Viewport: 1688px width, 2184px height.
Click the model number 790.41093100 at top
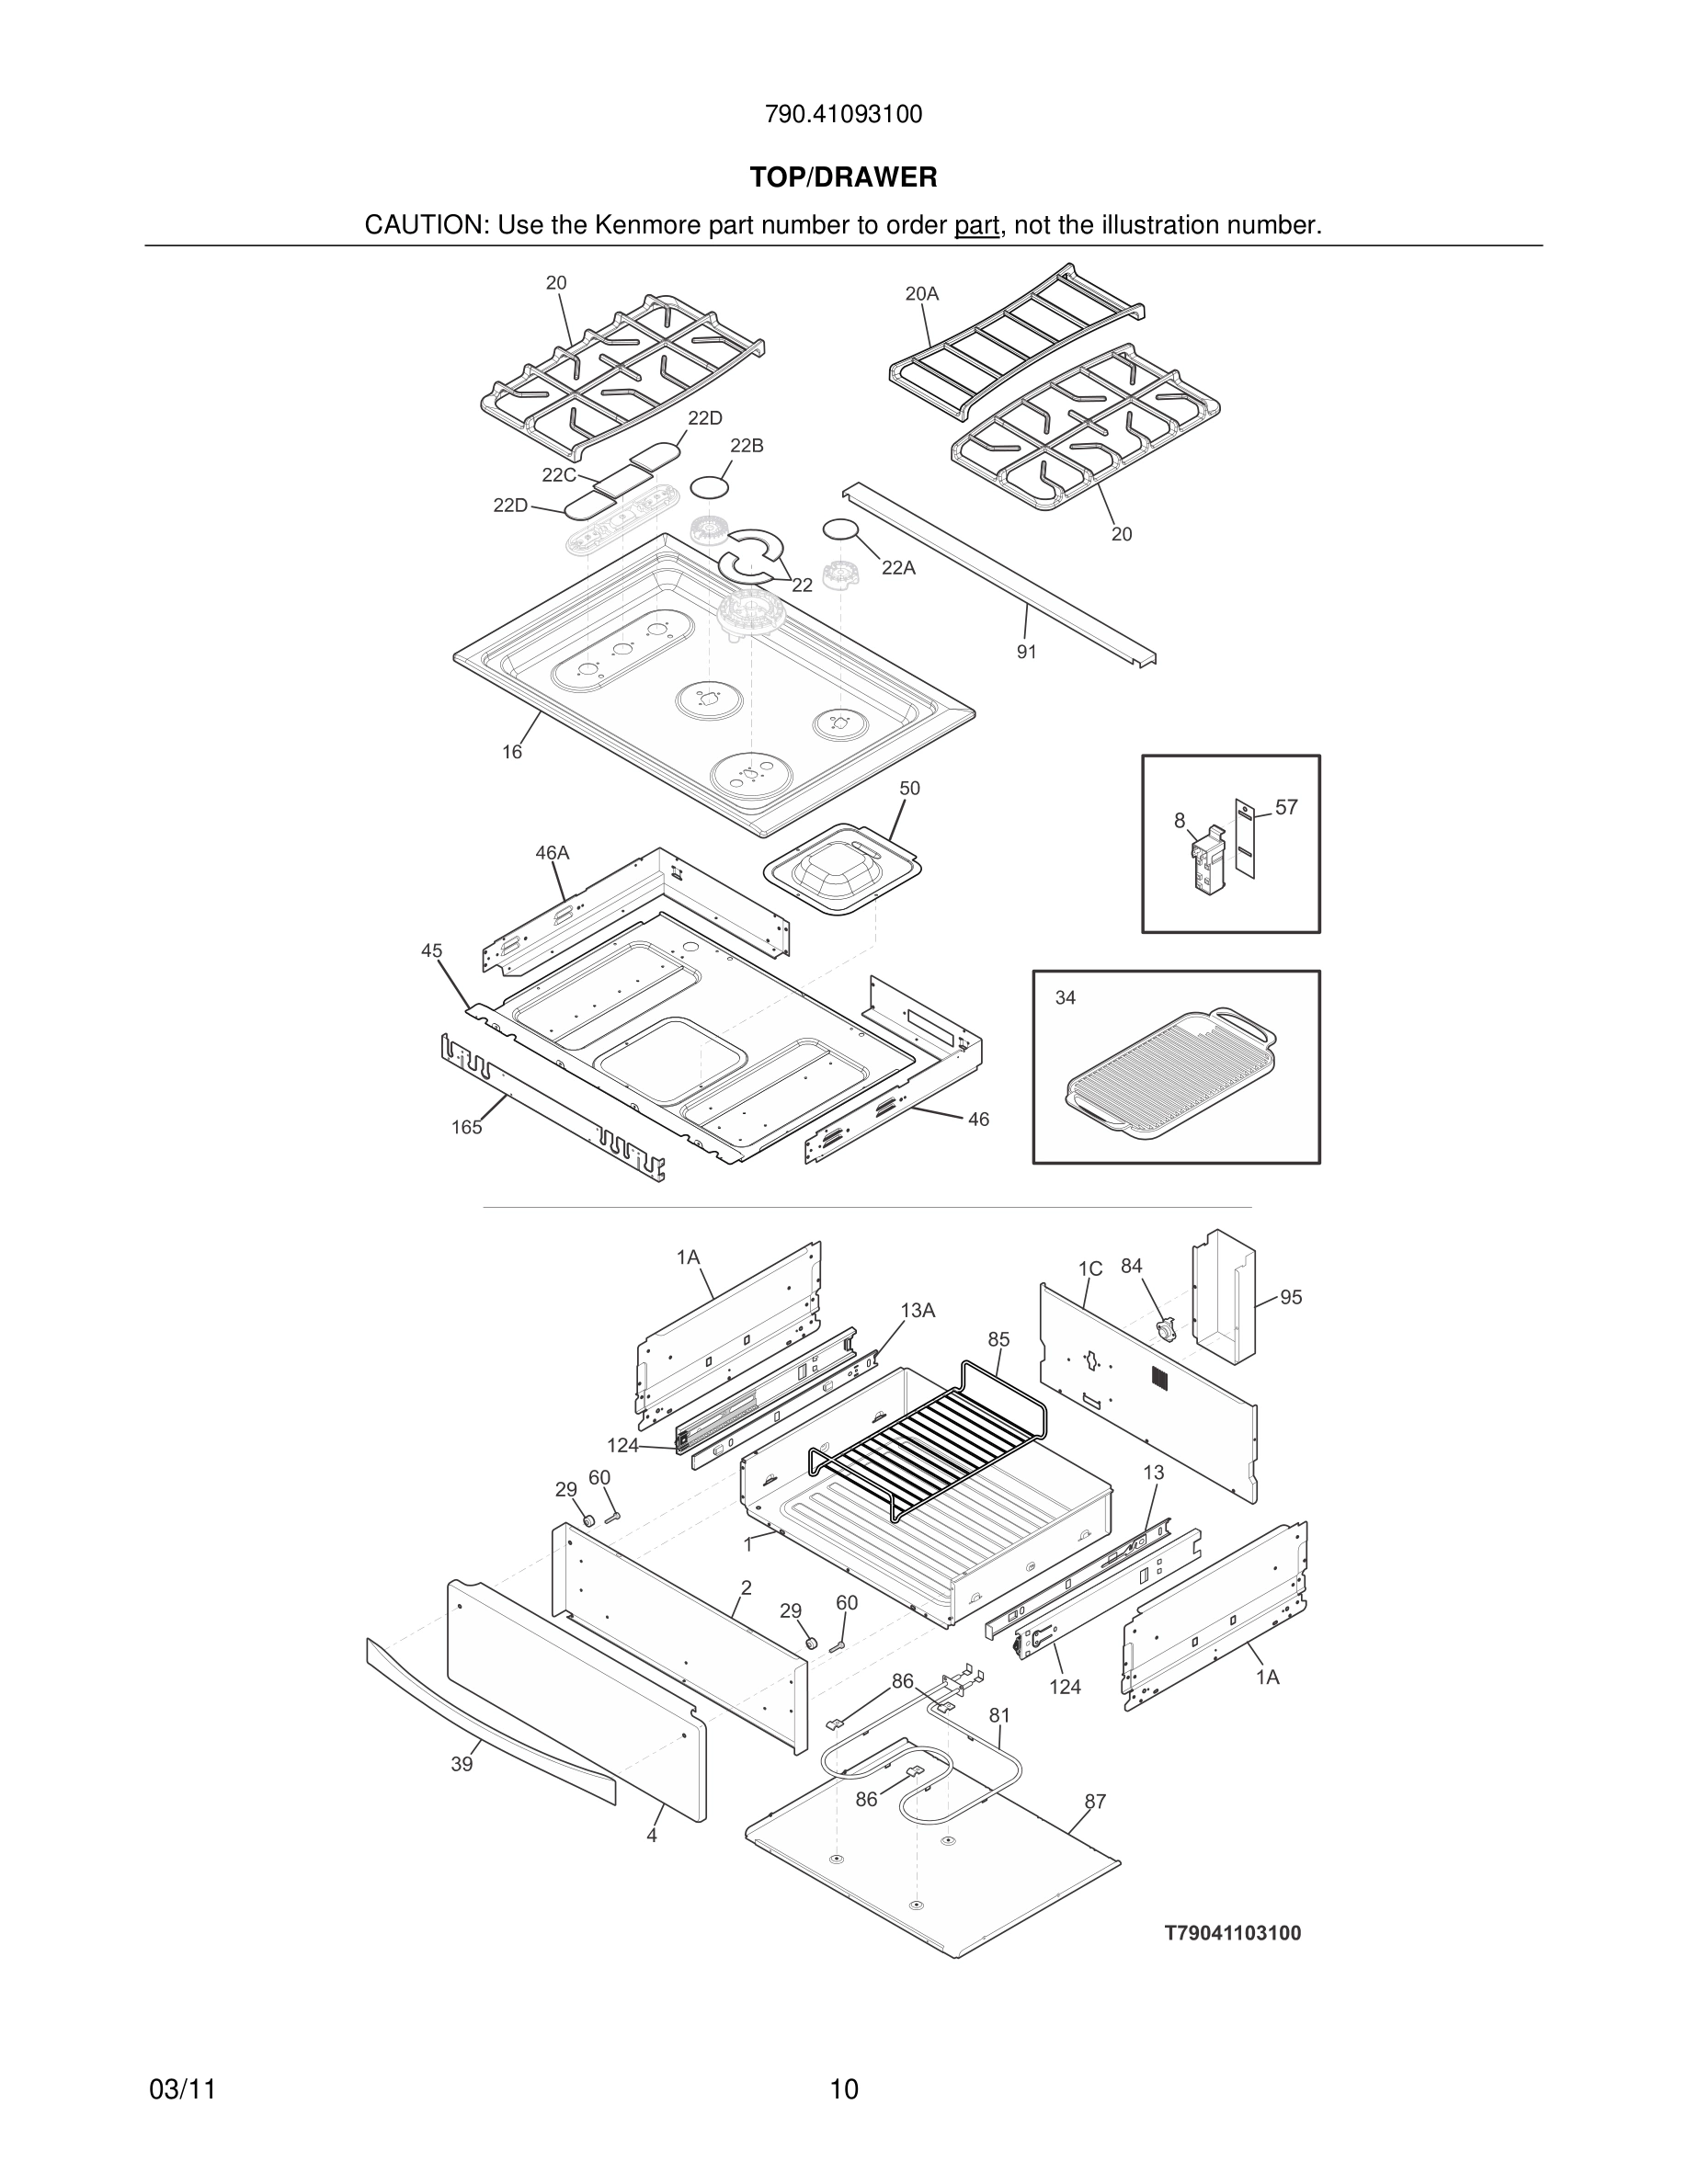click(843, 115)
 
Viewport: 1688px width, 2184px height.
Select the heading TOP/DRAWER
click(843, 178)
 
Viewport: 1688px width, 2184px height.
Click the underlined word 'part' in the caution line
click(976, 226)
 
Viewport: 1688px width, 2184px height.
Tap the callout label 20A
click(921, 294)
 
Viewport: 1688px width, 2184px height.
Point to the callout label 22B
click(746, 446)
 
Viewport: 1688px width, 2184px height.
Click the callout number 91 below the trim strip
click(1026, 652)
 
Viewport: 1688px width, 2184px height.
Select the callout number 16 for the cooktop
click(512, 752)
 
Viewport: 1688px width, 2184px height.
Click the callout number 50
click(909, 788)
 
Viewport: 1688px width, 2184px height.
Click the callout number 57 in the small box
click(1286, 807)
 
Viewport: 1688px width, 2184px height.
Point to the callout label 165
click(466, 1128)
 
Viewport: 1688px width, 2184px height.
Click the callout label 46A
click(552, 853)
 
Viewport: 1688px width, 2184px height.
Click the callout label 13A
click(917, 1310)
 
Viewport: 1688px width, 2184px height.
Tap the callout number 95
click(1291, 1297)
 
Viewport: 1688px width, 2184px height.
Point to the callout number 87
click(1095, 1802)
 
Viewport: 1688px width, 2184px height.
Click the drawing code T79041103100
click(1233, 1933)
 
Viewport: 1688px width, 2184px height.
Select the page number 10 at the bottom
click(843, 2090)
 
